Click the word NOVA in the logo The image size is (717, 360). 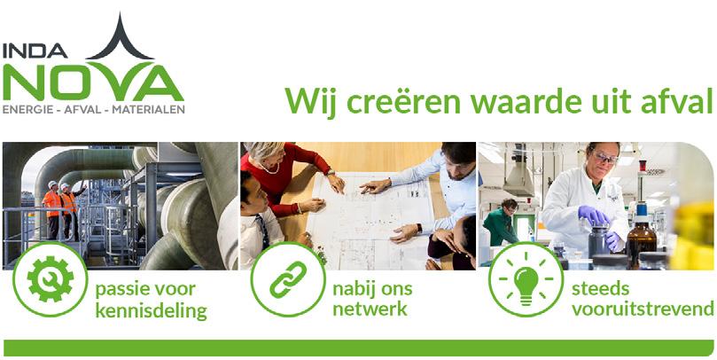[93, 82]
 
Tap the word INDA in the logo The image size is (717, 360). [35, 51]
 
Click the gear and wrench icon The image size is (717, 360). [50, 279]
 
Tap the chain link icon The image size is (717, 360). [288, 279]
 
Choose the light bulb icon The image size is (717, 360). [526, 279]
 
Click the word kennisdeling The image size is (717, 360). [151, 311]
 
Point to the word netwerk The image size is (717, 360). [370, 309]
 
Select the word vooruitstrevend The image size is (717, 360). [643, 309]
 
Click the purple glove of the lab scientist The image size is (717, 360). [593, 215]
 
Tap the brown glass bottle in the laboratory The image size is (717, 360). [641, 240]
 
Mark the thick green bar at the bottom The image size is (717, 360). [358, 348]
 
